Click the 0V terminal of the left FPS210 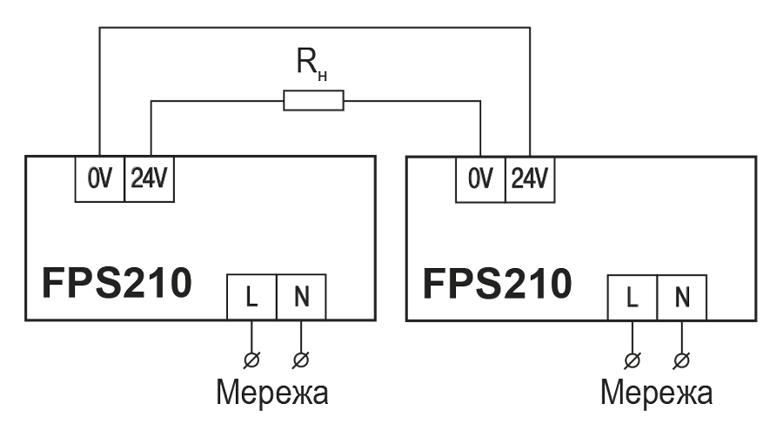click(99, 178)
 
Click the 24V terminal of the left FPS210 click(151, 178)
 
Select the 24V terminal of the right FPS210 click(531, 178)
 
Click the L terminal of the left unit click(252, 298)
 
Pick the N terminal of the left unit click(302, 298)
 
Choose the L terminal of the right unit click(632, 298)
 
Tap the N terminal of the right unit click(682, 298)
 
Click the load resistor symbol click(314, 103)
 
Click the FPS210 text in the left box click(113, 283)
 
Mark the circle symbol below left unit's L click(252, 358)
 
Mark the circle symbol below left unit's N click(302, 358)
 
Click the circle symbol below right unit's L click(632, 358)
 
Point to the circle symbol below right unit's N click(682, 358)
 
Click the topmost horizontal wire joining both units click(313, 28)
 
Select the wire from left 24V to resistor click(217, 102)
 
